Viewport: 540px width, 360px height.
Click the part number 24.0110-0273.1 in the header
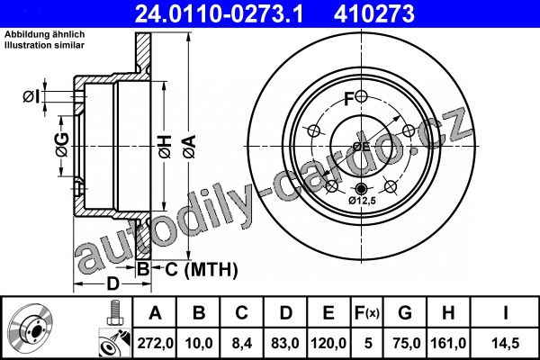219,13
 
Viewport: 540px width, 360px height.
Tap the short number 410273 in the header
374,13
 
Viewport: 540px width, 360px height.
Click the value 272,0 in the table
156,343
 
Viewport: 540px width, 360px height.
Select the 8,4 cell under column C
241,343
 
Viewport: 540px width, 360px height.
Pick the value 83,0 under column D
284,343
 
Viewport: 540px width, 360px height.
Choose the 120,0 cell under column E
328,343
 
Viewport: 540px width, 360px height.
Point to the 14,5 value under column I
505,343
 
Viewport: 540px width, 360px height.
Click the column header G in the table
405,313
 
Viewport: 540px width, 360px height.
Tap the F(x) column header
367,313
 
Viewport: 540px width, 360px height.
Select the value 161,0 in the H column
448,343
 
